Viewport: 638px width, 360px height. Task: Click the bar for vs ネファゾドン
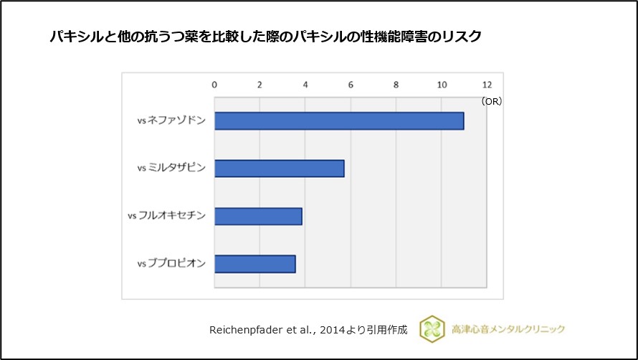pos(339,121)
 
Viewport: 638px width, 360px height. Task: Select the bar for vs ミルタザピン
pos(279,169)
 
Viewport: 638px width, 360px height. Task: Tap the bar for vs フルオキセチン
pos(258,216)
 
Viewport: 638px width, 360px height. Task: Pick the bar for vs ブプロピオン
pos(254,264)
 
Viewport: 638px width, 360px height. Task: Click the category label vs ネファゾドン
pos(171,121)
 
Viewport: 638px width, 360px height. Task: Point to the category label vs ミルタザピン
pos(171,169)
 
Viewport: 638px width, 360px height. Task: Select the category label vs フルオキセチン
pos(166,216)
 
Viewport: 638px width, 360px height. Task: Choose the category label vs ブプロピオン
pos(171,264)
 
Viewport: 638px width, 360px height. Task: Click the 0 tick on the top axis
pos(214,85)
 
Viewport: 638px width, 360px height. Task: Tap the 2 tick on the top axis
pos(260,85)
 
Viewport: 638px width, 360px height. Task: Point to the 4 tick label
pos(305,85)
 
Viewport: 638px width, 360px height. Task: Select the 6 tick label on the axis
pos(351,85)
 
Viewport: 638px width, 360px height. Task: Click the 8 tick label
pos(396,85)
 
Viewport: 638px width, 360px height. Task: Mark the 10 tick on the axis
pos(442,85)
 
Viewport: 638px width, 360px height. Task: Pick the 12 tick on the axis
pos(487,85)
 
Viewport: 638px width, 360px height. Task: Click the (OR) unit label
pos(492,102)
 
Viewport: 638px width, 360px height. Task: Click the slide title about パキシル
pos(265,37)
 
